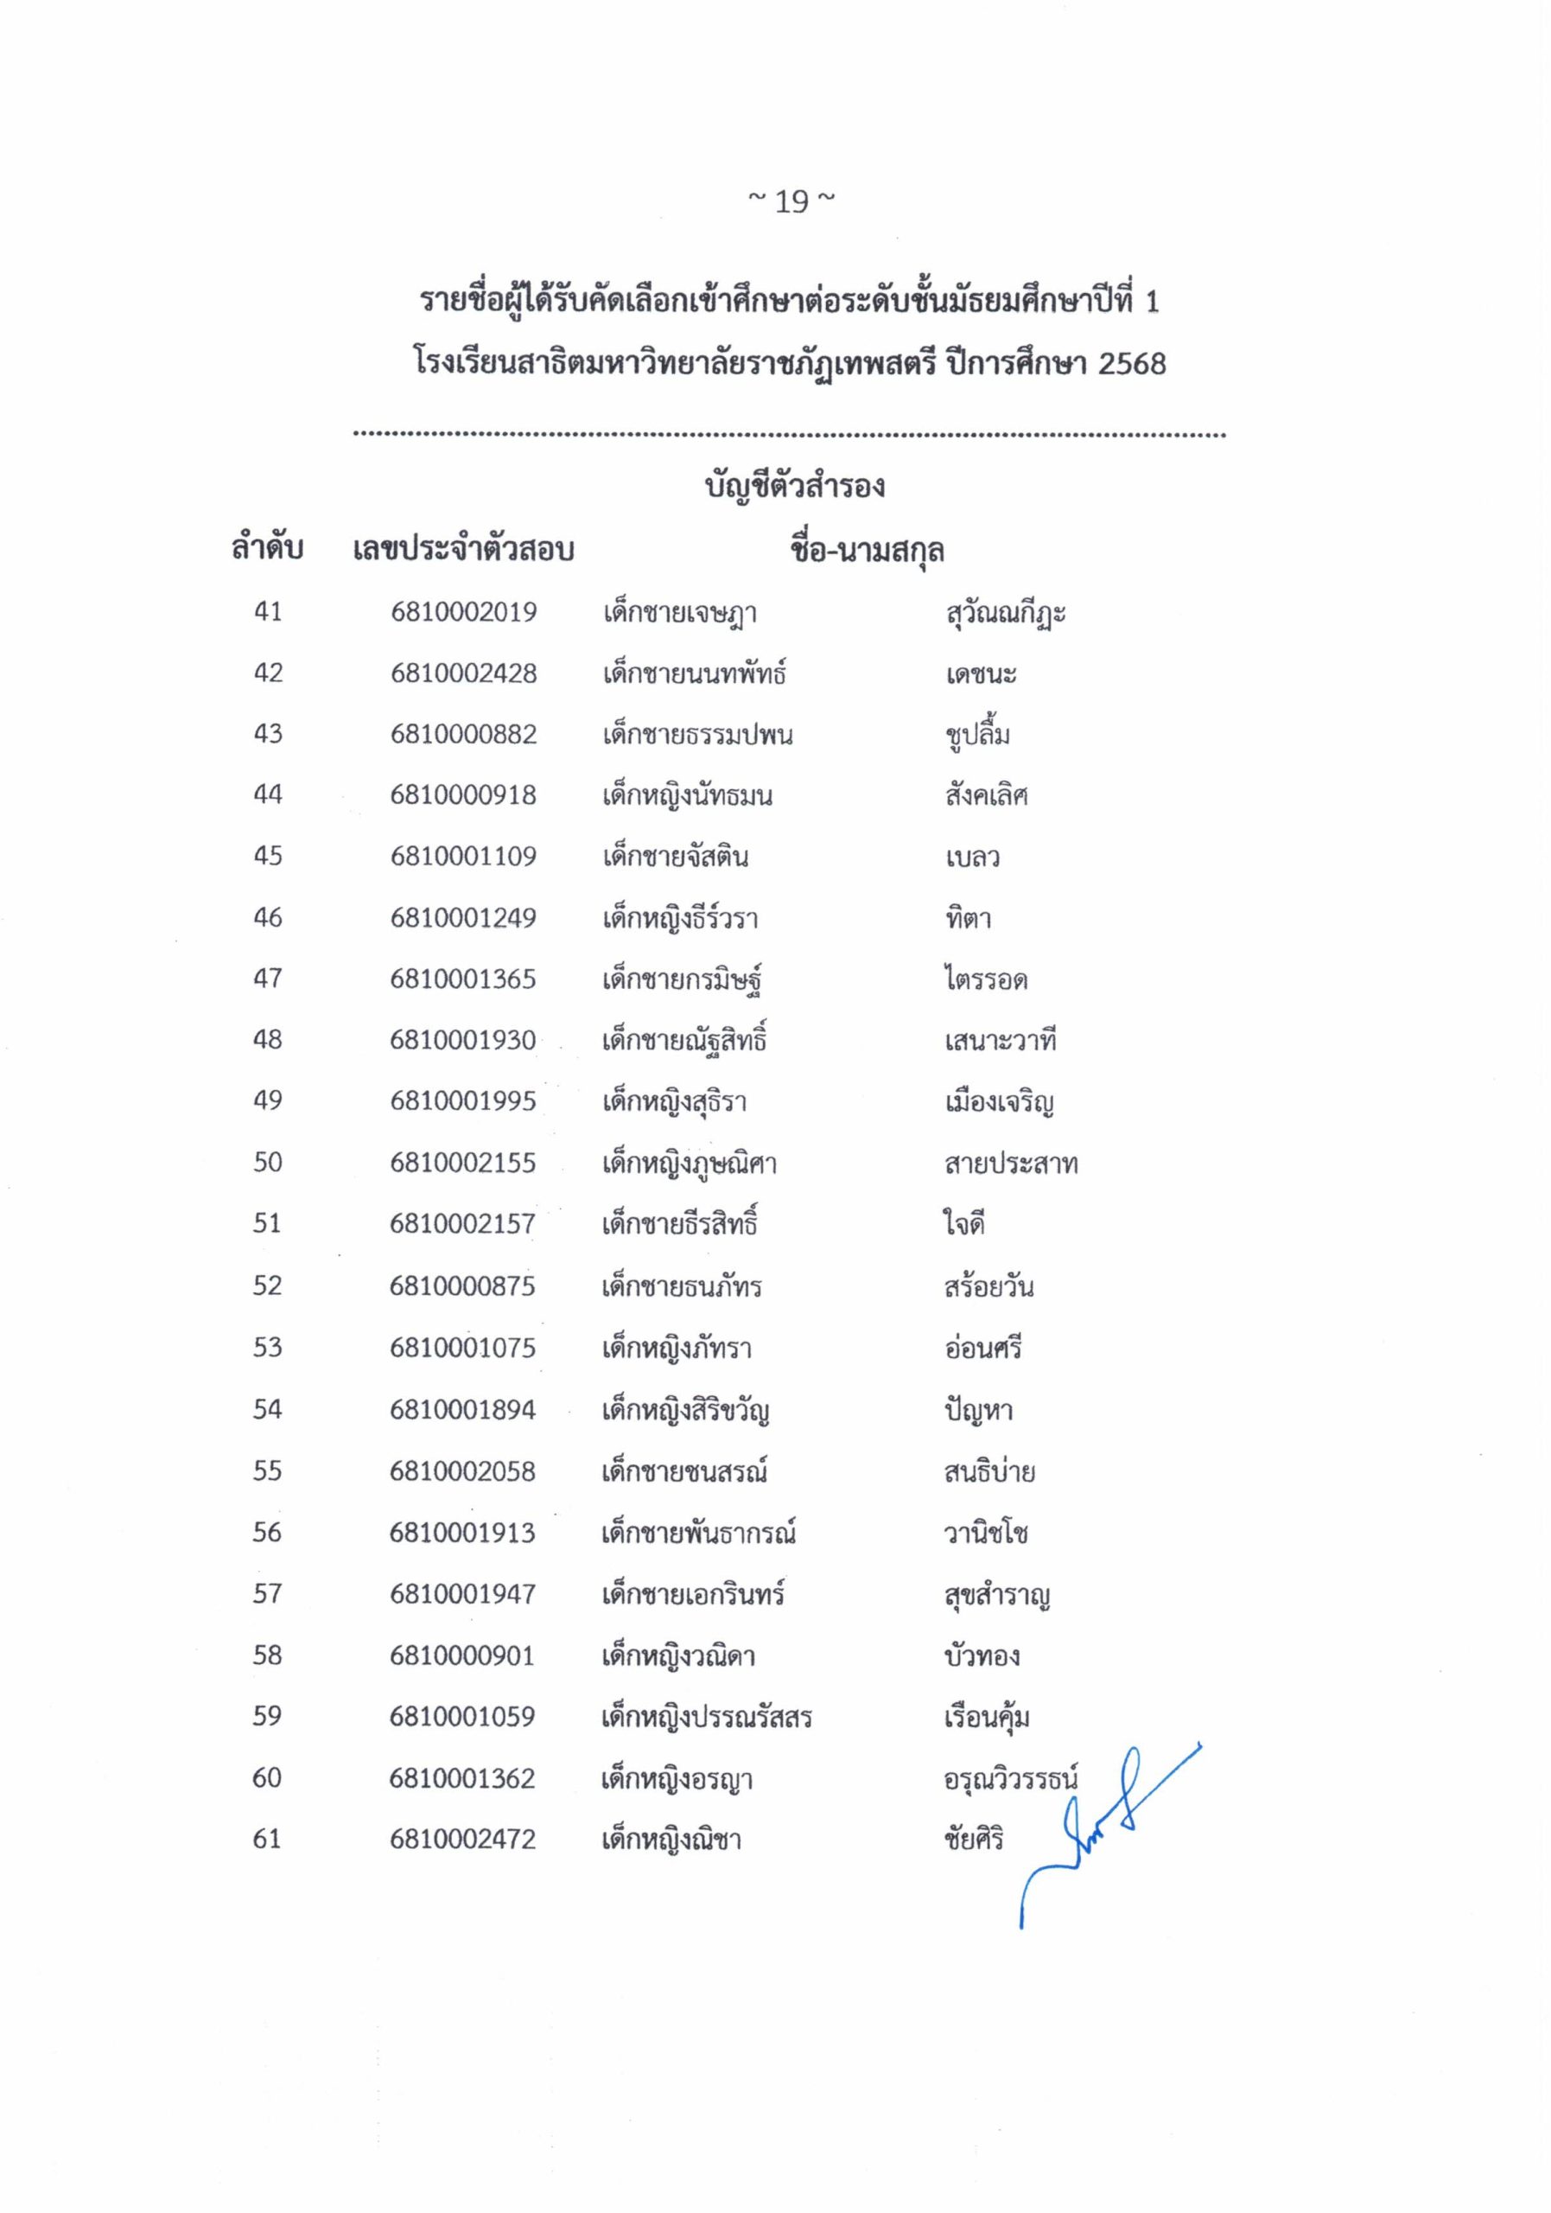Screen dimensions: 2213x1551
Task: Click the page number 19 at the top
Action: click(791, 202)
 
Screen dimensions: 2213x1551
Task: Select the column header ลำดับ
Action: click(267, 550)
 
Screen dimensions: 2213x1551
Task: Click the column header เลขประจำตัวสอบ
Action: click(463, 551)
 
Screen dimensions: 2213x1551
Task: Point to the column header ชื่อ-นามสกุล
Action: click(866, 552)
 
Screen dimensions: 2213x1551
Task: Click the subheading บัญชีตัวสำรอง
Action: click(795, 486)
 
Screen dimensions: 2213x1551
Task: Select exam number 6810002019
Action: click(463, 613)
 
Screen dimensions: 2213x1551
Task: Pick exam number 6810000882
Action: click(463, 735)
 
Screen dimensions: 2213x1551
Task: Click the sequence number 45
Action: click(268, 856)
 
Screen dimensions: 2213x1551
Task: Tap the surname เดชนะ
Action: click(981, 673)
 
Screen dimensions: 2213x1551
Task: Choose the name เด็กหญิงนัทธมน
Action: click(687, 796)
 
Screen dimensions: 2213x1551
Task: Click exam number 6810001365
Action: click(463, 979)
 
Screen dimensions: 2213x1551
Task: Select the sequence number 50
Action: click(268, 1163)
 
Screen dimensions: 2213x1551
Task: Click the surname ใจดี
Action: click(963, 1224)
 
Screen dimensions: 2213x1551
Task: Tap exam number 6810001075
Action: click(462, 1348)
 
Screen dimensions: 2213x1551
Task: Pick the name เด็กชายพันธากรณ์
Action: click(698, 1533)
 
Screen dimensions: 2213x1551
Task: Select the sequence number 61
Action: click(267, 1839)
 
